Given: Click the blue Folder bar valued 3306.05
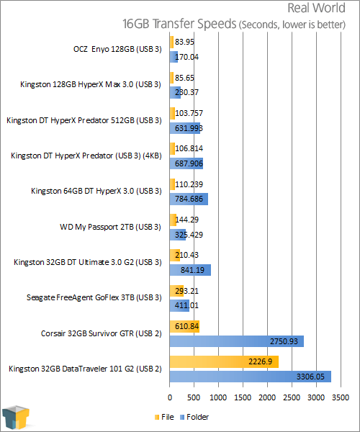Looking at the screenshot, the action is [x=251, y=377].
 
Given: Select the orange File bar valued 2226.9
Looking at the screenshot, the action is [x=224, y=361].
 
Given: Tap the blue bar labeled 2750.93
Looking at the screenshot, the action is [x=237, y=341].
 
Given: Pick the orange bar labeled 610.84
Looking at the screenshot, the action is [x=184, y=326].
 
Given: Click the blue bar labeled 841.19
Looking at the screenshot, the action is [x=190, y=270].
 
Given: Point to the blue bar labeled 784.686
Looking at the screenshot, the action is [x=189, y=199].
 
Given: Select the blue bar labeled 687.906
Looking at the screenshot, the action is [x=186, y=163].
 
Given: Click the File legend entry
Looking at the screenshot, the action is [x=164, y=417].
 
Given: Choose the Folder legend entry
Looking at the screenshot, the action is [x=194, y=417].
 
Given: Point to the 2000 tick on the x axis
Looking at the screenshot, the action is [x=267, y=397].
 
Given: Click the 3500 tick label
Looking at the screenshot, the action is [x=341, y=397].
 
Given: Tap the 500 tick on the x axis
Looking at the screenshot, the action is [x=194, y=397].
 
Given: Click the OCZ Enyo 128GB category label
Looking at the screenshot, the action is [x=117, y=49].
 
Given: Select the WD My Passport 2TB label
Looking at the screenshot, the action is [x=110, y=227].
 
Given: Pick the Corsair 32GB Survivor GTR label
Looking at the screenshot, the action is [x=101, y=333].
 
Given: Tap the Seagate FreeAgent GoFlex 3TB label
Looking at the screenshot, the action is [x=94, y=297].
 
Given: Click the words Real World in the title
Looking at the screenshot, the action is [x=317, y=8].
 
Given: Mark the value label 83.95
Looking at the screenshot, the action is [x=184, y=42].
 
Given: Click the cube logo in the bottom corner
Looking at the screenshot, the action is [x=16, y=417].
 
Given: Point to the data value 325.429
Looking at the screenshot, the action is [x=189, y=235].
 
